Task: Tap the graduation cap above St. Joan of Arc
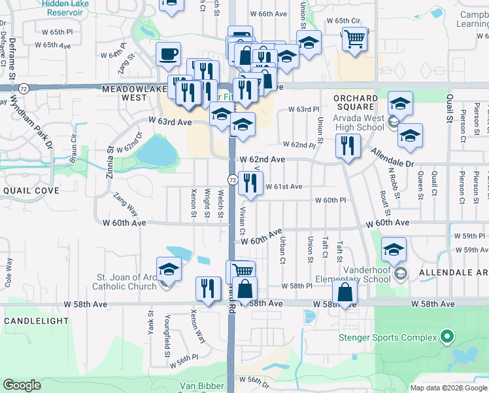169,269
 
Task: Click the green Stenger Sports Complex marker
447,337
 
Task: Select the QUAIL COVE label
31,190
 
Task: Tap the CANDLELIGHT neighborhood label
36,321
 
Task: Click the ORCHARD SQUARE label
355,102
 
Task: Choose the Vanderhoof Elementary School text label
356,272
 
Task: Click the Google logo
22,385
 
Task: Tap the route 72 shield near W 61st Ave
232,179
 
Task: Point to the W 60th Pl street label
329,200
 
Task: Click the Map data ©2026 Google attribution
448,388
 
